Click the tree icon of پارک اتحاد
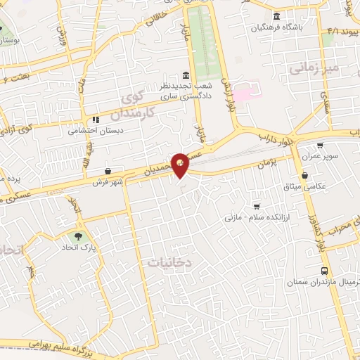pyautogui.click(x=77, y=236)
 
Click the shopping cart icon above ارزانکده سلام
pyautogui.click(x=256, y=207)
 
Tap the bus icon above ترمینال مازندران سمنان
pyautogui.click(x=324, y=271)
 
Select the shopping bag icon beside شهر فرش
pyautogui.click(x=107, y=171)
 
